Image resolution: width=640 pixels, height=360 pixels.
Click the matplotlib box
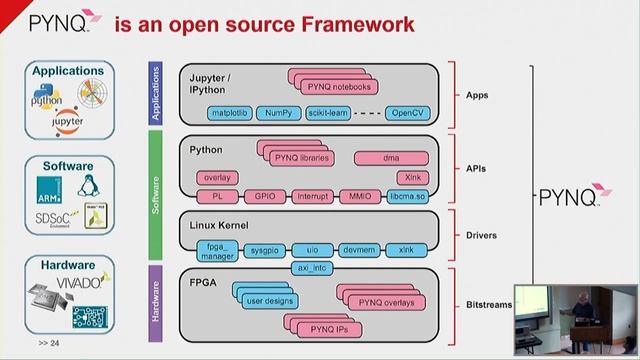pos(228,114)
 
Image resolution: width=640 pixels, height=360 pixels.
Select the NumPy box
pos(279,114)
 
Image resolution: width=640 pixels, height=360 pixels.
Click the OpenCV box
pos(407,114)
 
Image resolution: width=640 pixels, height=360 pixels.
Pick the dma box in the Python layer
pos(392,158)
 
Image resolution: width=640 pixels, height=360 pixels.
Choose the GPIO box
pos(266,197)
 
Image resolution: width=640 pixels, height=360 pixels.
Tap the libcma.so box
pos(407,197)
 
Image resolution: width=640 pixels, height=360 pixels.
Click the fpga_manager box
pos(218,250)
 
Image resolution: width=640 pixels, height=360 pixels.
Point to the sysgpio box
pos(266,250)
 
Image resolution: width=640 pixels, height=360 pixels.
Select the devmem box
pos(359,250)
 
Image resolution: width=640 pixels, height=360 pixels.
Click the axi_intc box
pos(313,268)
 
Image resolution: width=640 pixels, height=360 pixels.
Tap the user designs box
pos(268,300)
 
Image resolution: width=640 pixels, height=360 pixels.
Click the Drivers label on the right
pos(483,236)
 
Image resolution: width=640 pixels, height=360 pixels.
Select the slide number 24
pos(49,343)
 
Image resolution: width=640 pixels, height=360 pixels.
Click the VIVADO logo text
pos(90,284)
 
